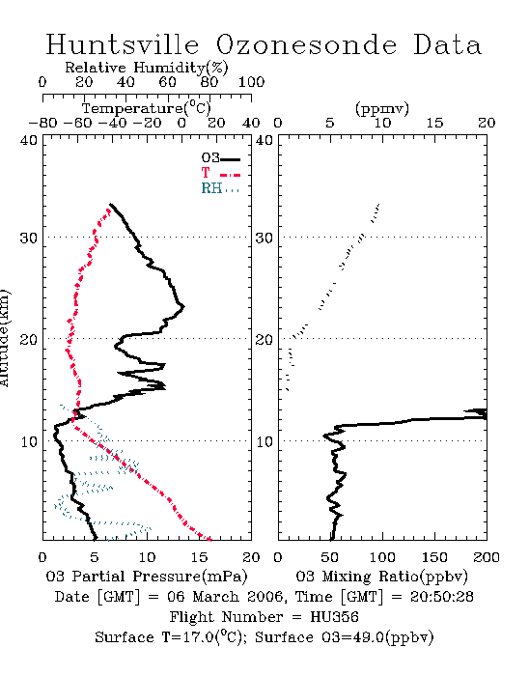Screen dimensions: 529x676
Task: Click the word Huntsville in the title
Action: [x=123, y=44]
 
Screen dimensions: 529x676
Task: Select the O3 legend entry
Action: [x=220, y=158]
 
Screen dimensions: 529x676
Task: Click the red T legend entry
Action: [x=220, y=174]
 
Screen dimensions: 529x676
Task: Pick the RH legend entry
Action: [x=220, y=188]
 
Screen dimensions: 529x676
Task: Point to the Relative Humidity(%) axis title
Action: [x=147, y=68]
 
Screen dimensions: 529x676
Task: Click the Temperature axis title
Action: [x=147, y=108]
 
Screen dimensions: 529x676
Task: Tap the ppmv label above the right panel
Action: [x=381, y=108]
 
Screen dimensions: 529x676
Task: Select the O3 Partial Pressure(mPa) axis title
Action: [x=147, y=577]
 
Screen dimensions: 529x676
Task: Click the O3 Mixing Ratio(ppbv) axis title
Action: [x=381, y=577]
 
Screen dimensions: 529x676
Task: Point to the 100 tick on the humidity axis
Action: [x=251, y=82]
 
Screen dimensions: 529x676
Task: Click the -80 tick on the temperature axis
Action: [x=42, y=123]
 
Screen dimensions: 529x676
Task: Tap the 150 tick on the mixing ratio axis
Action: [x=434, y=557]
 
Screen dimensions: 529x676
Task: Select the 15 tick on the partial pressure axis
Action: [x=199, y=557]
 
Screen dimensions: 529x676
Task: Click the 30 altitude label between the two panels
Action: [x=264, y=238]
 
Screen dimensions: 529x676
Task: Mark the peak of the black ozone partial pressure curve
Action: [x=184, y=306]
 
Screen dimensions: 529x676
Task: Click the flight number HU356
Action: [x=334, y=617]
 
